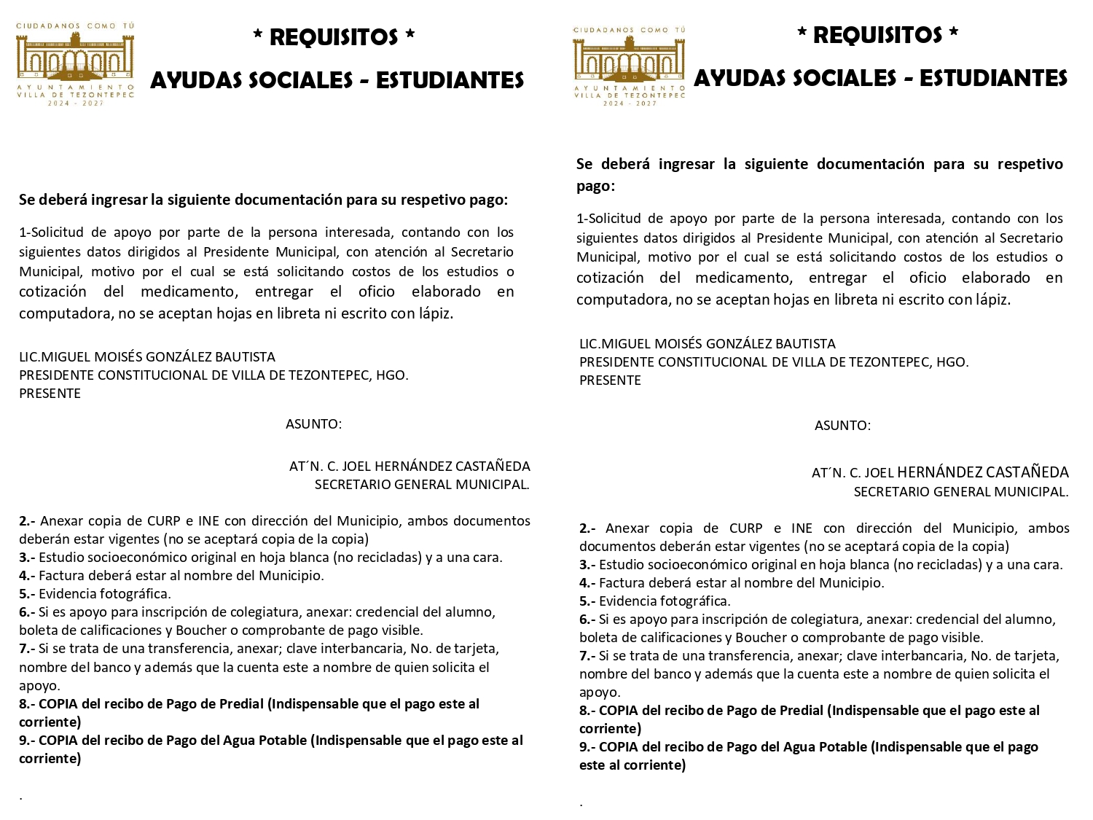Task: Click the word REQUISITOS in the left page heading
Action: coord(334,37)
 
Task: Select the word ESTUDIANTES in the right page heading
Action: coord(993,78)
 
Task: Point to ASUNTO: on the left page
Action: coord(313,424)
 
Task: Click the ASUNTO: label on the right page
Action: coord(842,426)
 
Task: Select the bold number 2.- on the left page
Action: coord(27,521)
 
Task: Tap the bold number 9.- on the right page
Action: coord(587,747)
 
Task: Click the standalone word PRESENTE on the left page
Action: coord(50,394)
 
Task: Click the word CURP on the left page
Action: coord(164,521)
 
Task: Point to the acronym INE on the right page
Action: coord(802,528)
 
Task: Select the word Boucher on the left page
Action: coord(200,630)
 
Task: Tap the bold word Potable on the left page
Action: coord(283,741)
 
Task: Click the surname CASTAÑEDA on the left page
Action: coord(493,466)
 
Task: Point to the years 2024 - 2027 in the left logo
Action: coord(76,104)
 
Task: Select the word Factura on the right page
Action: coord(619,583)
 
